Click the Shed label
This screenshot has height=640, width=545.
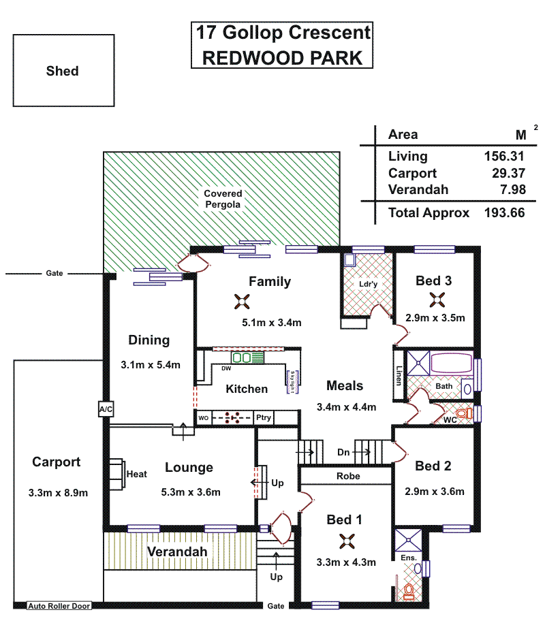click(62, 71)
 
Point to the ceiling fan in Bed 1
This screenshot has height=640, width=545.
click(347, 541)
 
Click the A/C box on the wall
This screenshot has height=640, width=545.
click(106, 409)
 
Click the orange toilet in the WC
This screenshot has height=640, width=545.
click(463, 413)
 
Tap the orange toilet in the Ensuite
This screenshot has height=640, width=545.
click(409, 590)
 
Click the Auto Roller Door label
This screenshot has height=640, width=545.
click(59, 605)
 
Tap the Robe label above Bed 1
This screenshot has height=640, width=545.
click(347, 476)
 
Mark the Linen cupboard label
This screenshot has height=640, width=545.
click(399, 375)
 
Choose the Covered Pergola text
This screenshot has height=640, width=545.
click(223, 199)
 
